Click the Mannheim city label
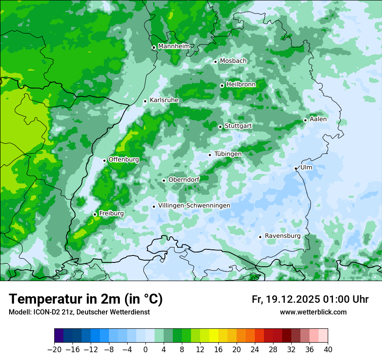(x=174, y=46)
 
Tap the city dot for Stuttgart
(x=221, y=127)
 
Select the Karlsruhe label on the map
(x=164, y=100)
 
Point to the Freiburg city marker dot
(x=95, y=214)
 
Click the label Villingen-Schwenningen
(x=194, y=206)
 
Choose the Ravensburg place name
(x=282, y=236)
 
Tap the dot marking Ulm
(x=296, y=168)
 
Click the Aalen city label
(x=318, y=119)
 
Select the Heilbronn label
(x=241, y=85)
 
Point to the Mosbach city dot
(x=215, y=62)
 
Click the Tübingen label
(x=228, y=154)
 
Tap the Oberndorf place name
(x=184, y=180)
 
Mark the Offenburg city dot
(x=104, y=160)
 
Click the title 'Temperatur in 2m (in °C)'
(x=86, y=299)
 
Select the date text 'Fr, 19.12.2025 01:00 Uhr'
(x=310, y=299)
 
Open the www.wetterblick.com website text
(x=313, y=312)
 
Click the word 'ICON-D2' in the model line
(x=42, y=312)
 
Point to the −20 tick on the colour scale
(x=54, y=350)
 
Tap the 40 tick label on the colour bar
(x=328, y=350)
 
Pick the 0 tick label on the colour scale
(x=145, y=350)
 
